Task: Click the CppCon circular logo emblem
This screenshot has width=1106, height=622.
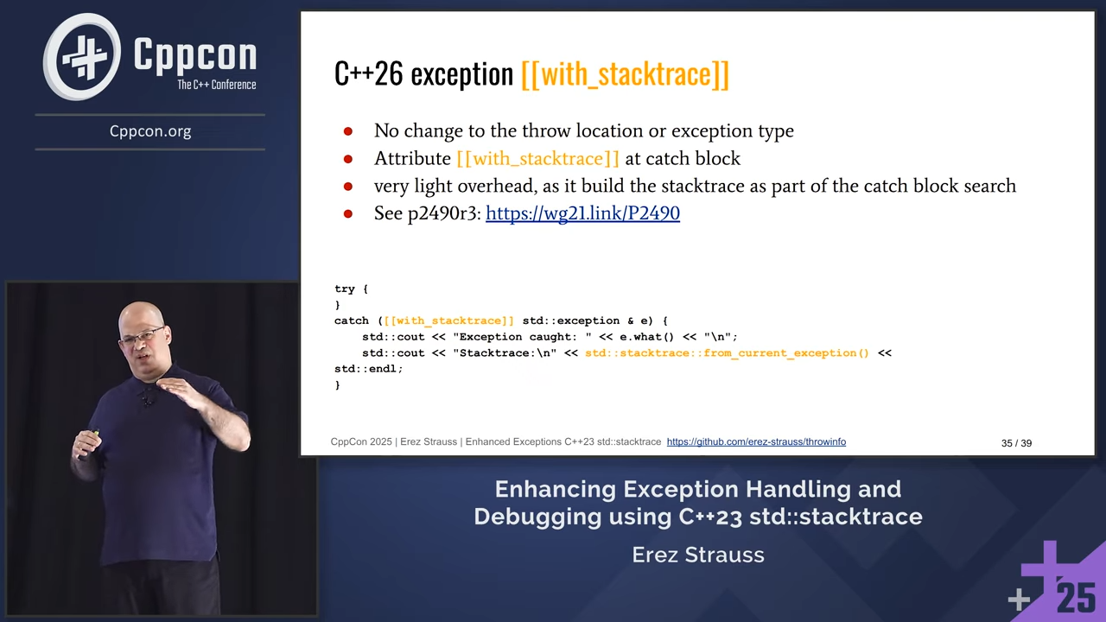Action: tap(82, 56)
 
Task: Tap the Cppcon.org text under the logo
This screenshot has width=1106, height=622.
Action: tap(150, 131)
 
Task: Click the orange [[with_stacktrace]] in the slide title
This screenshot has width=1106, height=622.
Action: tap(625, 74)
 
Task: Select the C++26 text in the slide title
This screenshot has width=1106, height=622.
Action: tap(368, 73)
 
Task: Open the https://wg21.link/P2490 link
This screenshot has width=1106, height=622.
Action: tap(582, 213)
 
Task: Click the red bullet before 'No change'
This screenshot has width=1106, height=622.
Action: tap(348, 131)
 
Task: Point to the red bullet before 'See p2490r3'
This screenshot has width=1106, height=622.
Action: tap(348, 213)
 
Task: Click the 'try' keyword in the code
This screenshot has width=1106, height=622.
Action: tap(345, 289)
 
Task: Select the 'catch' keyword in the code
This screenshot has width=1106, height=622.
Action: tap(352, 321)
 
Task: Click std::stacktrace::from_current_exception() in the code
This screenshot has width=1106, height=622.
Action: tap(727, 353)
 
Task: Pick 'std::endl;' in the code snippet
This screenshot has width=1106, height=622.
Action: tap(369, 369)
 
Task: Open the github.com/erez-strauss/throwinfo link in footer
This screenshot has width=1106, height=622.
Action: tap(756, 441)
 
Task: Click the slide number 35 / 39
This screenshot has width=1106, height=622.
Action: tap(1017, 443)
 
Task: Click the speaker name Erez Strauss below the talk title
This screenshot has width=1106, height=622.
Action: tap(698, 555)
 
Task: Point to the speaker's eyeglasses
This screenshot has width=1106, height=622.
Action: tap(143, 336)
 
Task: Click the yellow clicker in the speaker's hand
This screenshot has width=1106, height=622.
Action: tap(94, 433)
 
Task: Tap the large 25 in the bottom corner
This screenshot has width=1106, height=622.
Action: tap(1077, 599)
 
